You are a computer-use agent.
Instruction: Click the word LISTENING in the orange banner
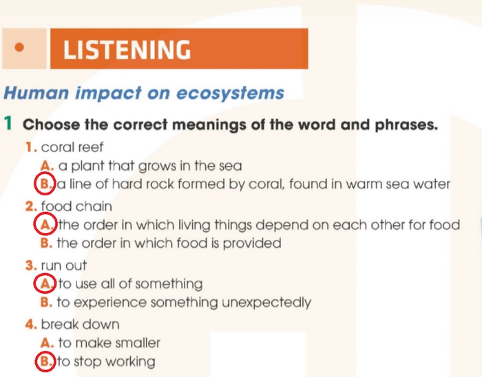127,50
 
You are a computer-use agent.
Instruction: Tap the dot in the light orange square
19,48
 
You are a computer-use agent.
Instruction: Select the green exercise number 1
8,125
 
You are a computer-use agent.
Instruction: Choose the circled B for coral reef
45,184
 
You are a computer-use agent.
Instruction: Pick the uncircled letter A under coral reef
47,166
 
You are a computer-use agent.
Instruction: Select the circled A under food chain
45,224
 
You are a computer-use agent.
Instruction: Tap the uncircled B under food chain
47,243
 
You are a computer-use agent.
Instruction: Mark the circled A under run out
45,283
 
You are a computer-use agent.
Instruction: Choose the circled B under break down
45,361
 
